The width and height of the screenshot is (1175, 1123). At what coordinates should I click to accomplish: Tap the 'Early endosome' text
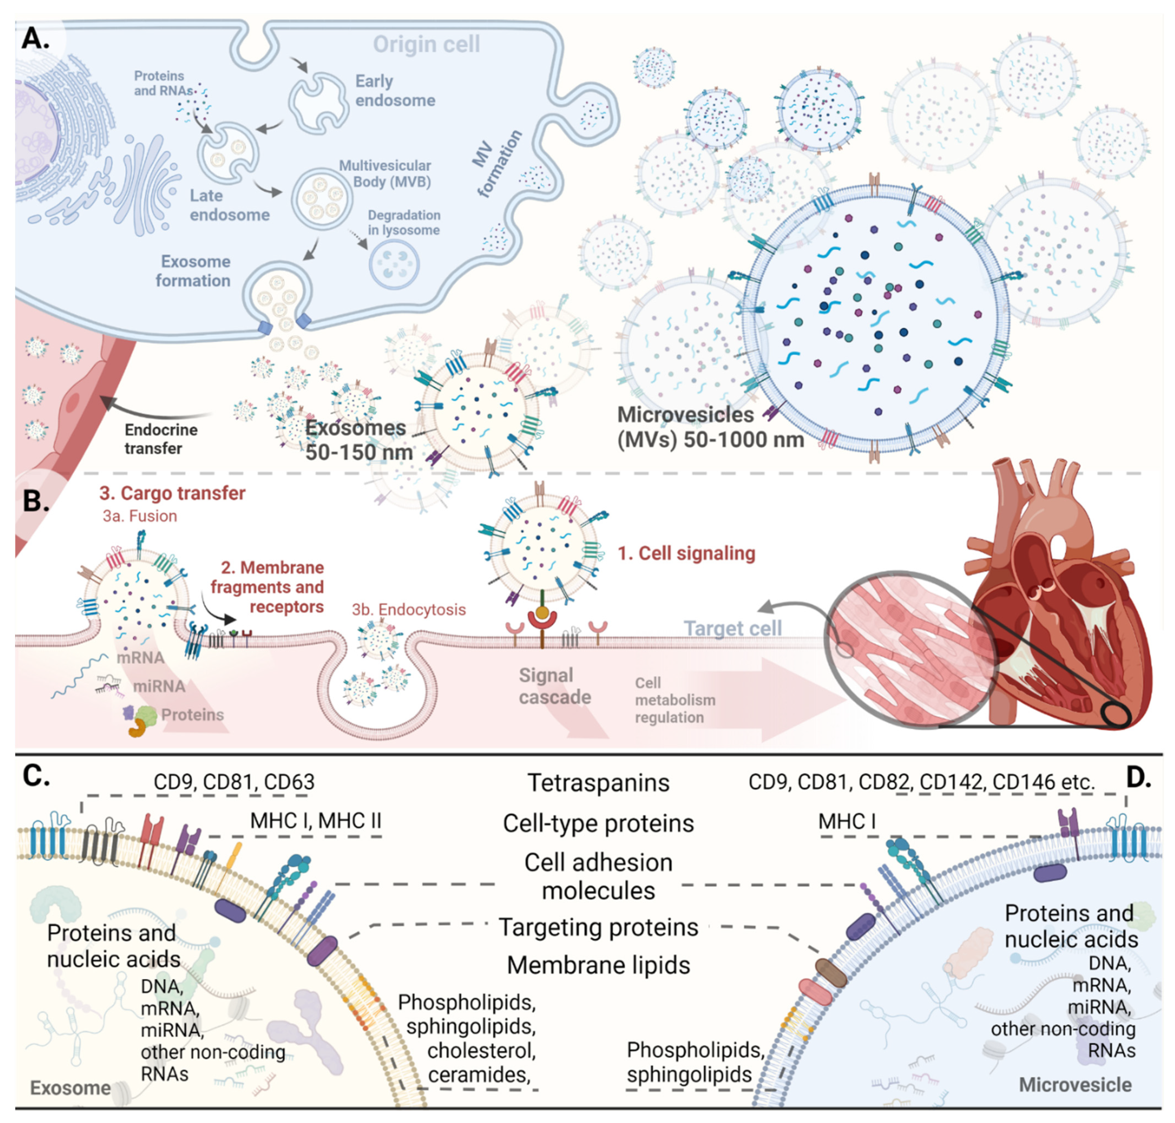tap(395, 91)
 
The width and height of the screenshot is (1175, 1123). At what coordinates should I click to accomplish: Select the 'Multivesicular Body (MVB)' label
tap(385, 174)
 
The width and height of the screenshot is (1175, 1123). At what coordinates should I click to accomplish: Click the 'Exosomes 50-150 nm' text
tap(358, 440)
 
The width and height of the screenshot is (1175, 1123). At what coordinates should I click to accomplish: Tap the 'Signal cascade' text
tap(554, 686)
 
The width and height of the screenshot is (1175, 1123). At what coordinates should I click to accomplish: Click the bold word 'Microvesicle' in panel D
tap(1074, 1085)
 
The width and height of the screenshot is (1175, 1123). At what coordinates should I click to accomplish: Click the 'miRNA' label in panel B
tap(159, 686)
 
